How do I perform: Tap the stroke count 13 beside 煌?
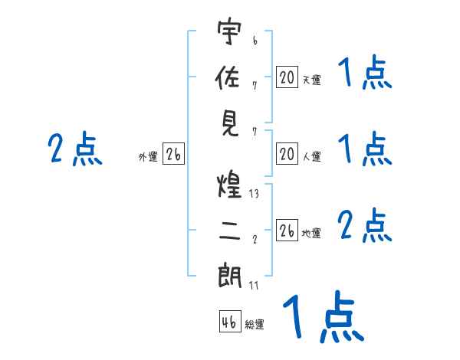tap(254, 194)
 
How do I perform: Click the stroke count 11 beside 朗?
tap(254, 286)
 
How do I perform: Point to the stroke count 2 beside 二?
tap(255, 239)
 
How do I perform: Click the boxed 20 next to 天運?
tap(287, 77)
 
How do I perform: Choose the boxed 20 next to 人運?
tap(287, 155)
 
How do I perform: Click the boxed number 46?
tap(229, 322)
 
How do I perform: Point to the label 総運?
tap(255, 324)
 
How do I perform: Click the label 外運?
tap(148, 157)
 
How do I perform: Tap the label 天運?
tap(311, 80)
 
